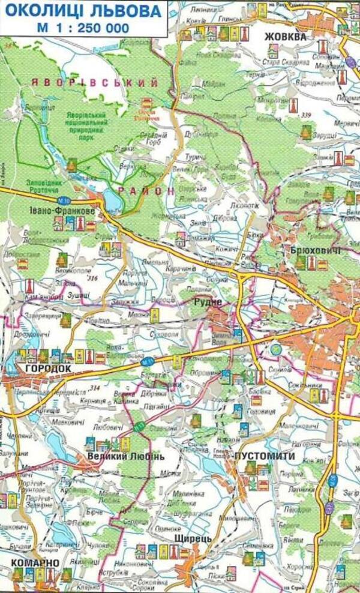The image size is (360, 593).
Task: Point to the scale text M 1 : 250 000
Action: click(83, 27)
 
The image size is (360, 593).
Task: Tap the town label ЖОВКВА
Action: click(286, 37)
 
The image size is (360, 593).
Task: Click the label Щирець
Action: click(192, 539)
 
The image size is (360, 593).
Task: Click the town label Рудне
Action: click(208, 302)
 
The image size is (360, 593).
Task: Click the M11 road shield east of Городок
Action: click(148, 362)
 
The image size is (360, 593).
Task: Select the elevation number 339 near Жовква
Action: click(307, 115)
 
